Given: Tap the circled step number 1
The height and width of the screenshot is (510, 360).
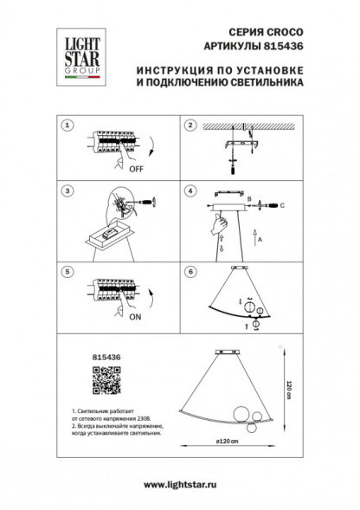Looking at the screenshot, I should click(66, 126).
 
